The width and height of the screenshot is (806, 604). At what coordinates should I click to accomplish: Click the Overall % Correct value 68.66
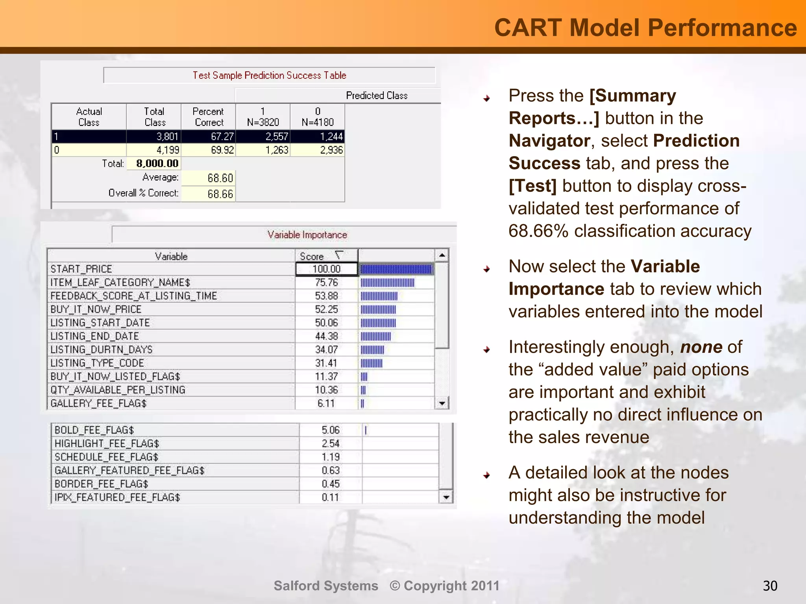pyautogui.click(x=220, y=194)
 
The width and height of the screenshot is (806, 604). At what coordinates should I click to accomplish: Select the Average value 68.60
pyautogui.click(x=220, y=178)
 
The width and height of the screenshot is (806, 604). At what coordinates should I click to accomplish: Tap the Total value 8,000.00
pyautogui.click(x=157, y=164)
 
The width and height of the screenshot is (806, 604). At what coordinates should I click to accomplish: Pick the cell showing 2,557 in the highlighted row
pyautogui.click(x=277, y=136)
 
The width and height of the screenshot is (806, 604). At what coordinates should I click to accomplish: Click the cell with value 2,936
pyautogui.click(x=331, y=150)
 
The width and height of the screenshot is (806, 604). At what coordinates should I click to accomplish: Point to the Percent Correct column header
pyautogui.click(x=209, y=117)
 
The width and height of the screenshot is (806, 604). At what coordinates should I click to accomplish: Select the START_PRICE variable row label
pyautogui.click(x=81, y=269)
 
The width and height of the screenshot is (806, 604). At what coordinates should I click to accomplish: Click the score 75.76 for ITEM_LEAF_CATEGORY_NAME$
pyautogui.click(x=326, y=282)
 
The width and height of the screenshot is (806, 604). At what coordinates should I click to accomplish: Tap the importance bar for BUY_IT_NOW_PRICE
pyautogui.click(x=378, y=309)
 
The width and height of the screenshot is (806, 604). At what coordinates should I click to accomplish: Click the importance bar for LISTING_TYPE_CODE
pyautogui.click(x=371, y=363)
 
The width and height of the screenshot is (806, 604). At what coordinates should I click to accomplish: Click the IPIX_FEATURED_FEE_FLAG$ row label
pyautogui.click(x=117, y=497)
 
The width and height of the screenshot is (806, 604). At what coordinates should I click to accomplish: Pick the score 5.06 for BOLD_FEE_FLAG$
pyautogui.click(x=330, y=430)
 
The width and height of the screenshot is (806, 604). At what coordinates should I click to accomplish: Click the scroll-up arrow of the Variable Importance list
pyautogui.click(x=442, y=256)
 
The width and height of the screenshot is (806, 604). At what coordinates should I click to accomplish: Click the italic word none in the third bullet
pyautogui.click(x=701, y=347)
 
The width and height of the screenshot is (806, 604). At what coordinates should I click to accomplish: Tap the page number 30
pyautogui.click(x=770, y=586)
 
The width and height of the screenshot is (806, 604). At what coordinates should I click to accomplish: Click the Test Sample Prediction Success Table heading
pyautogui.click(x=269, y=75)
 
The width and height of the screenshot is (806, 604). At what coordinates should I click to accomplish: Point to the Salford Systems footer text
pyautogui.click(x=326, y=586)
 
